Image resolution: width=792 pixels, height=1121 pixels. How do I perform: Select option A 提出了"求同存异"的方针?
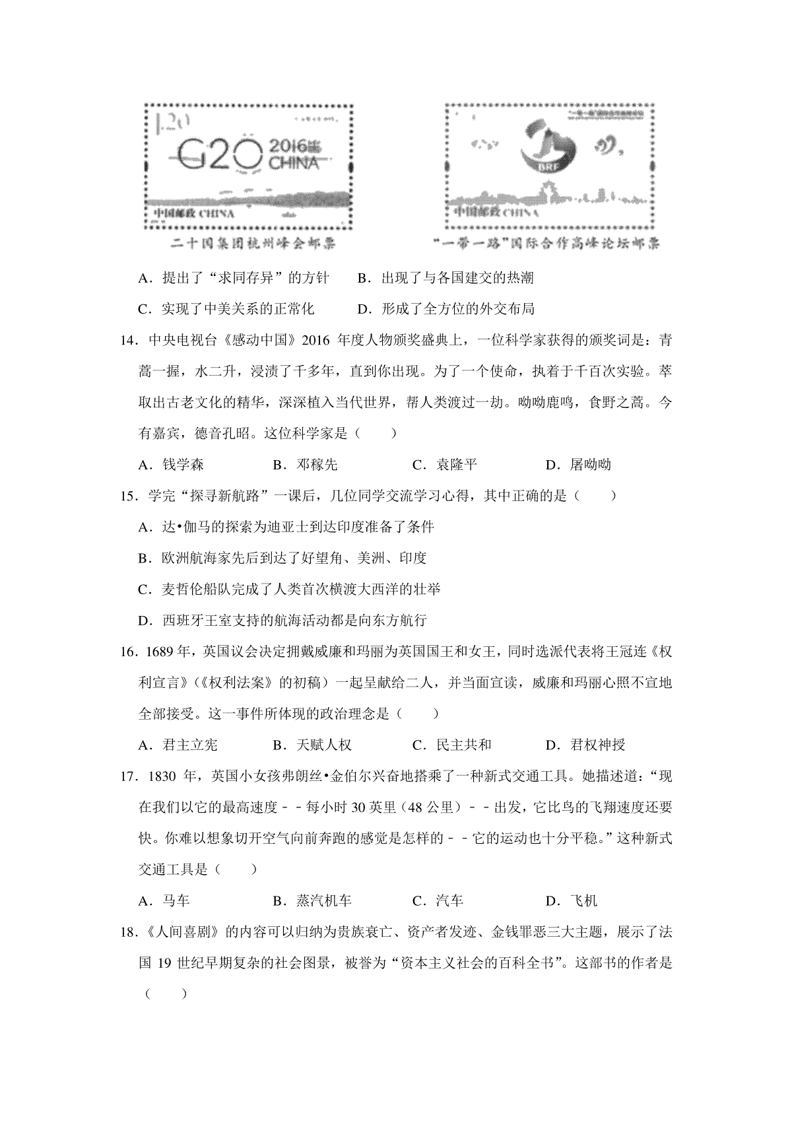point(234,278)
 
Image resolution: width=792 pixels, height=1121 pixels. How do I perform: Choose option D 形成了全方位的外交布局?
point(445,309)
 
